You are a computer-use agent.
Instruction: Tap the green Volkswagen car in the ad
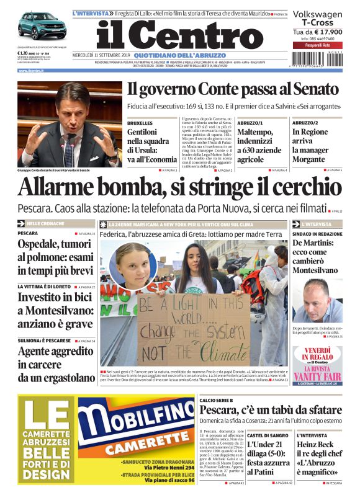41,26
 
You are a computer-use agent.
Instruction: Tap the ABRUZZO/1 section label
250,123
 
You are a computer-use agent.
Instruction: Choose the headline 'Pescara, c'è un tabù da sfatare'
271,409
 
